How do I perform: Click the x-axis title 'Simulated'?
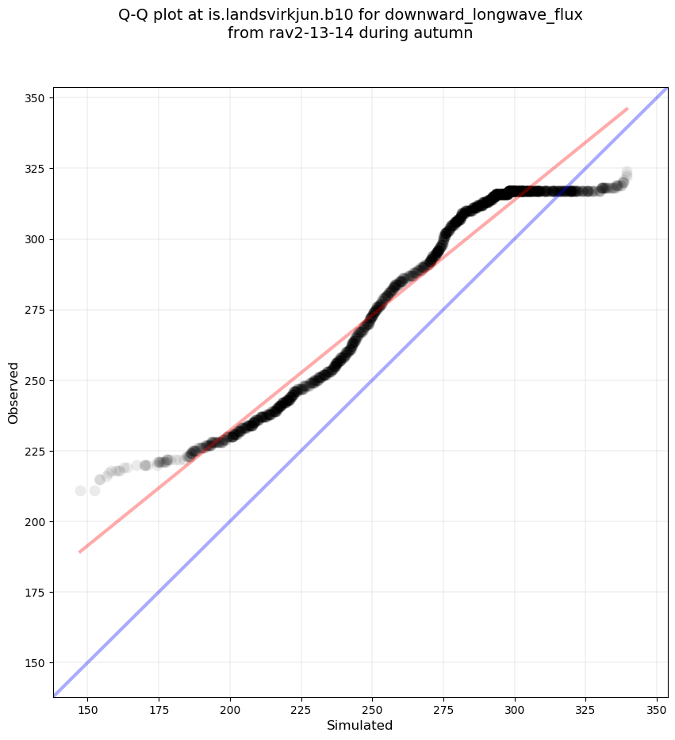pyautogui.click(x=360, y=725)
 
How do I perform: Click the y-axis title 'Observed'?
pyautogui.click(x=13, y=392)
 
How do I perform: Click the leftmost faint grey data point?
pyautogui.click(x=80, y=490)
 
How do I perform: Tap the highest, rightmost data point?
pyautogui.click(x=627, y=172)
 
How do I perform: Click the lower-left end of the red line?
pyautogui.click(x=79, y=551)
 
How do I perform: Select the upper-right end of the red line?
pyautogui.click(x=627, y=109)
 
